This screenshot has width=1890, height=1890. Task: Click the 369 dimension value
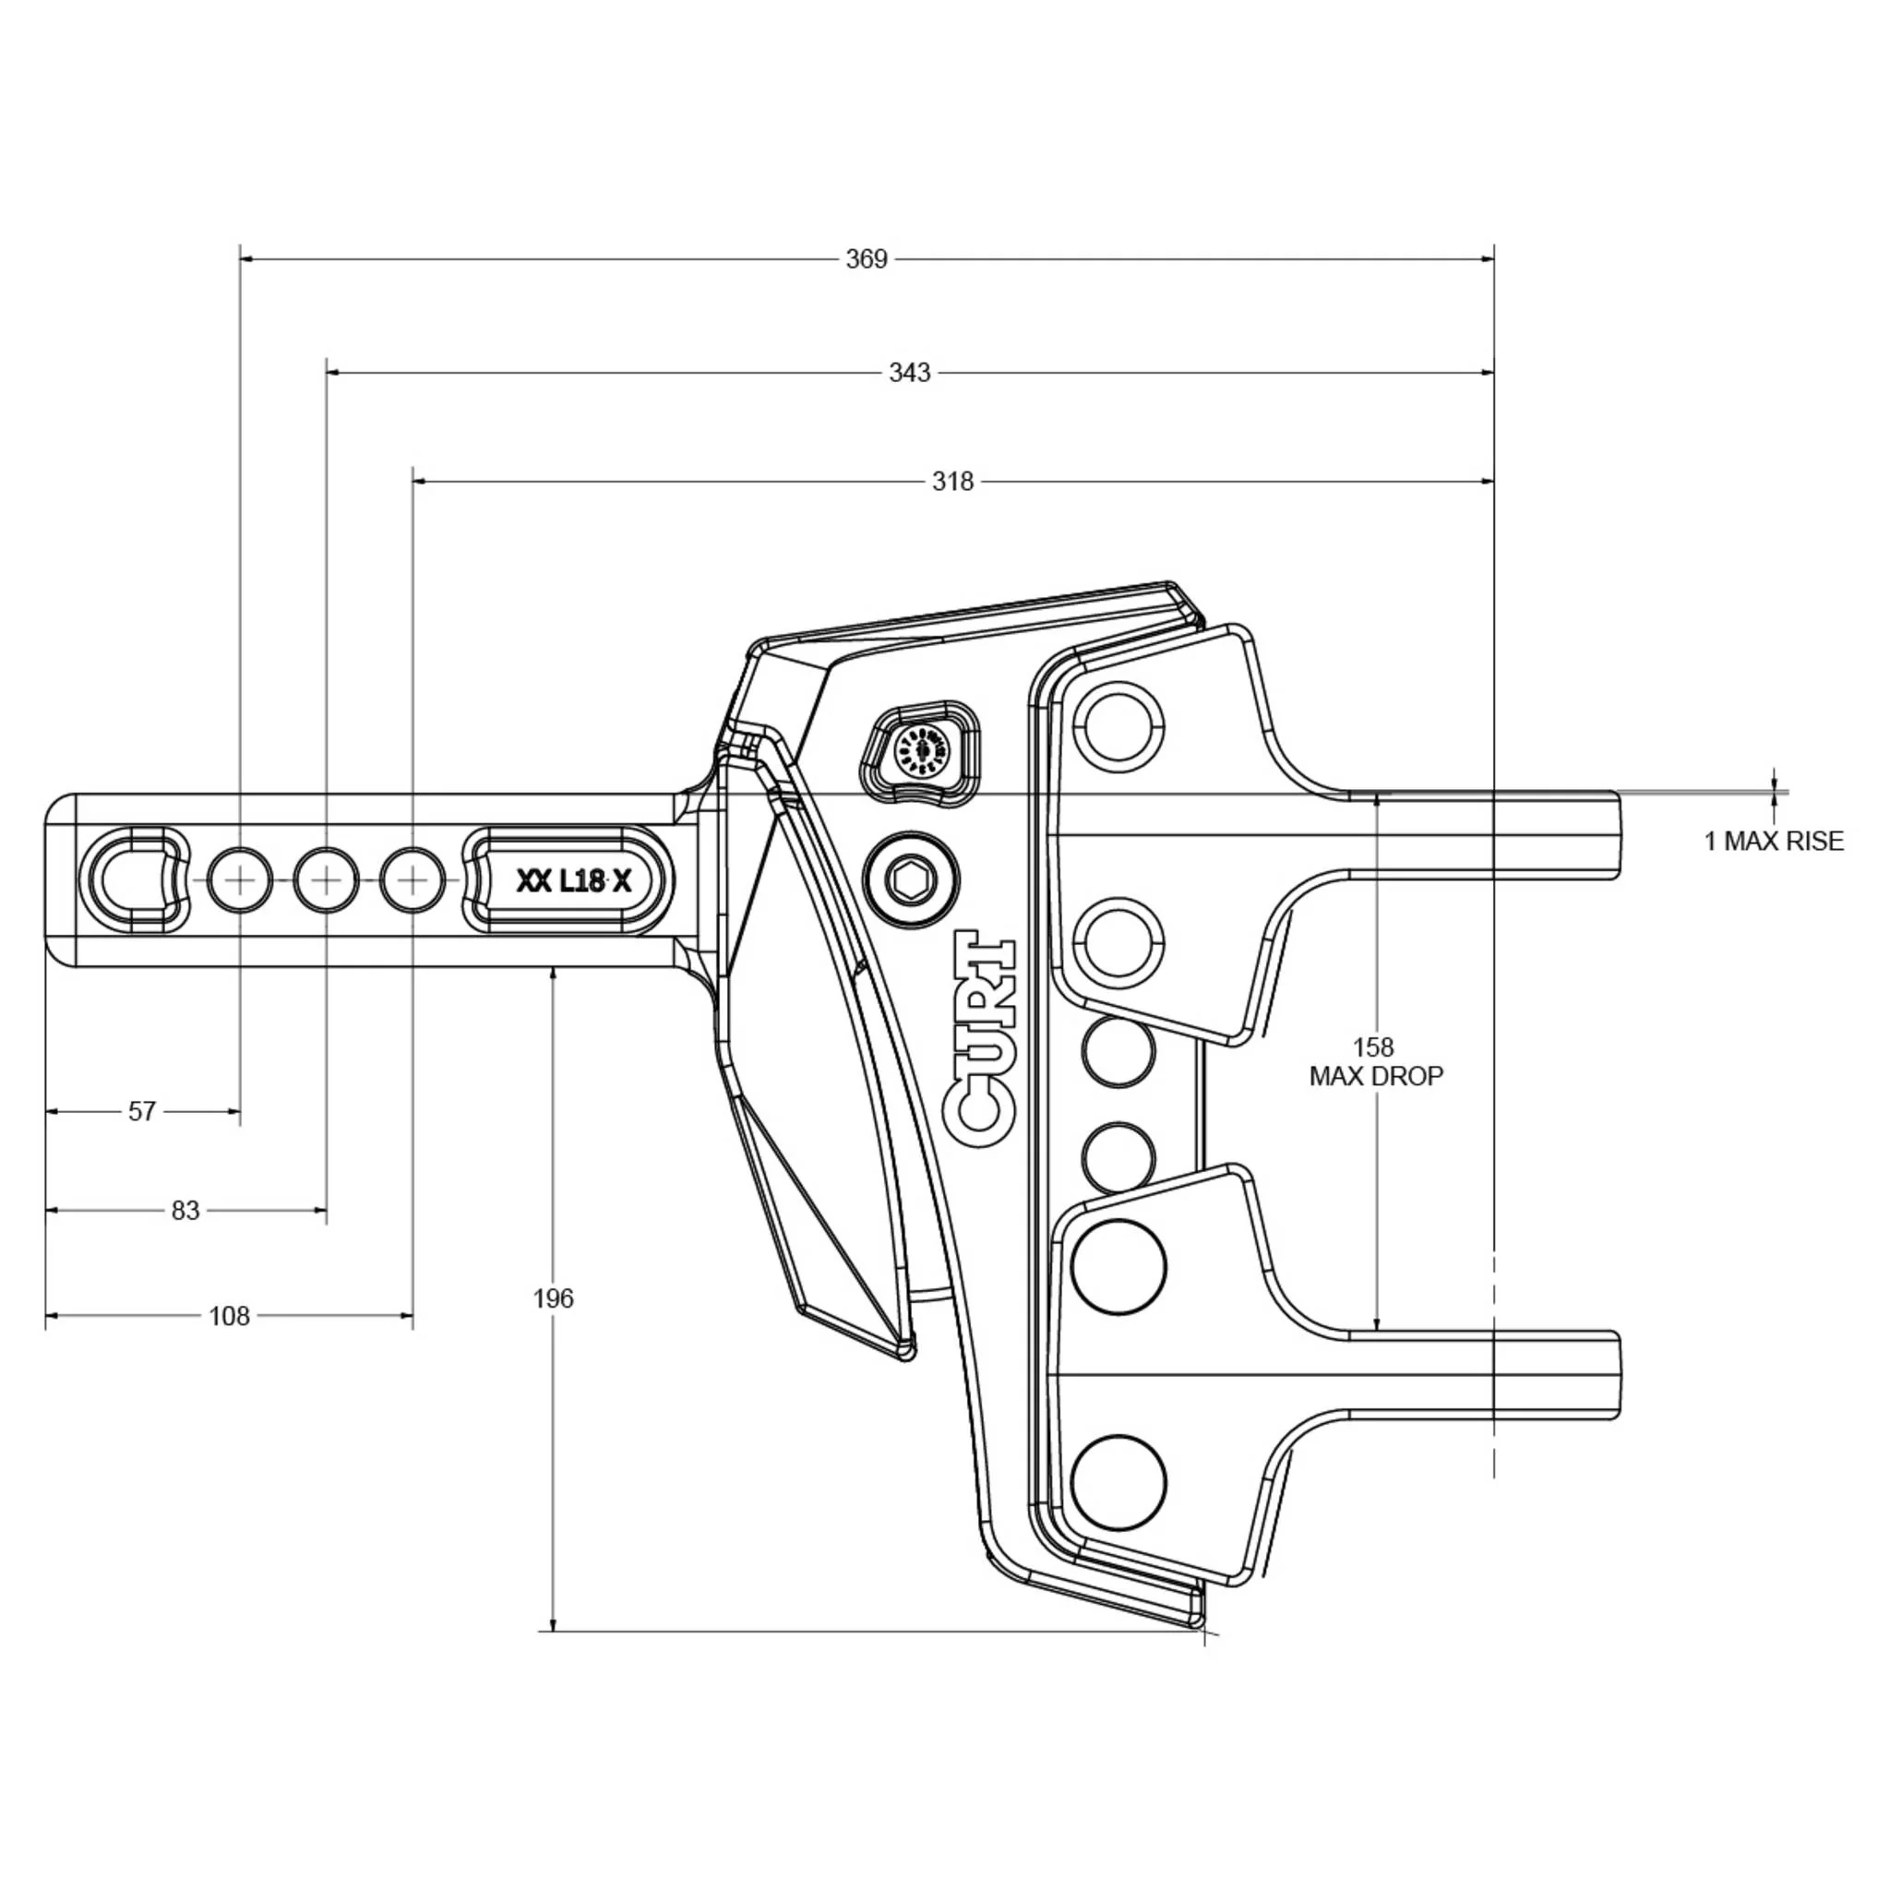(866, 259)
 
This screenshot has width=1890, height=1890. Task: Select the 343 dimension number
(909, 373)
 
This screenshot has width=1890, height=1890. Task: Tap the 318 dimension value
(951, 482)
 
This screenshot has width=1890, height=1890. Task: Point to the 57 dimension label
(142, 1111)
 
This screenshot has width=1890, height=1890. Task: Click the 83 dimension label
(185, 1210)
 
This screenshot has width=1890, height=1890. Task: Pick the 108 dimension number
(229, 1316)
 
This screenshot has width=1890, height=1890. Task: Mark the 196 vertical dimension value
(553, 1298)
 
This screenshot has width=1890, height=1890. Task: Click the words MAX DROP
(1375, 1076)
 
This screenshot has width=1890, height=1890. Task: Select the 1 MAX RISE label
(1773, 842)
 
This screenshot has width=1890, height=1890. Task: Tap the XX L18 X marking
(573, 881)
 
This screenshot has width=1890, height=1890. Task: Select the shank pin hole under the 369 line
(241, 881)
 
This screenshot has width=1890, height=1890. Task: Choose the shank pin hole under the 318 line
(413, 881)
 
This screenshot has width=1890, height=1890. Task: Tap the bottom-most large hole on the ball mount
(1118, 1482)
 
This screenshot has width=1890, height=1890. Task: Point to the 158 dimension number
(1373, 1047)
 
